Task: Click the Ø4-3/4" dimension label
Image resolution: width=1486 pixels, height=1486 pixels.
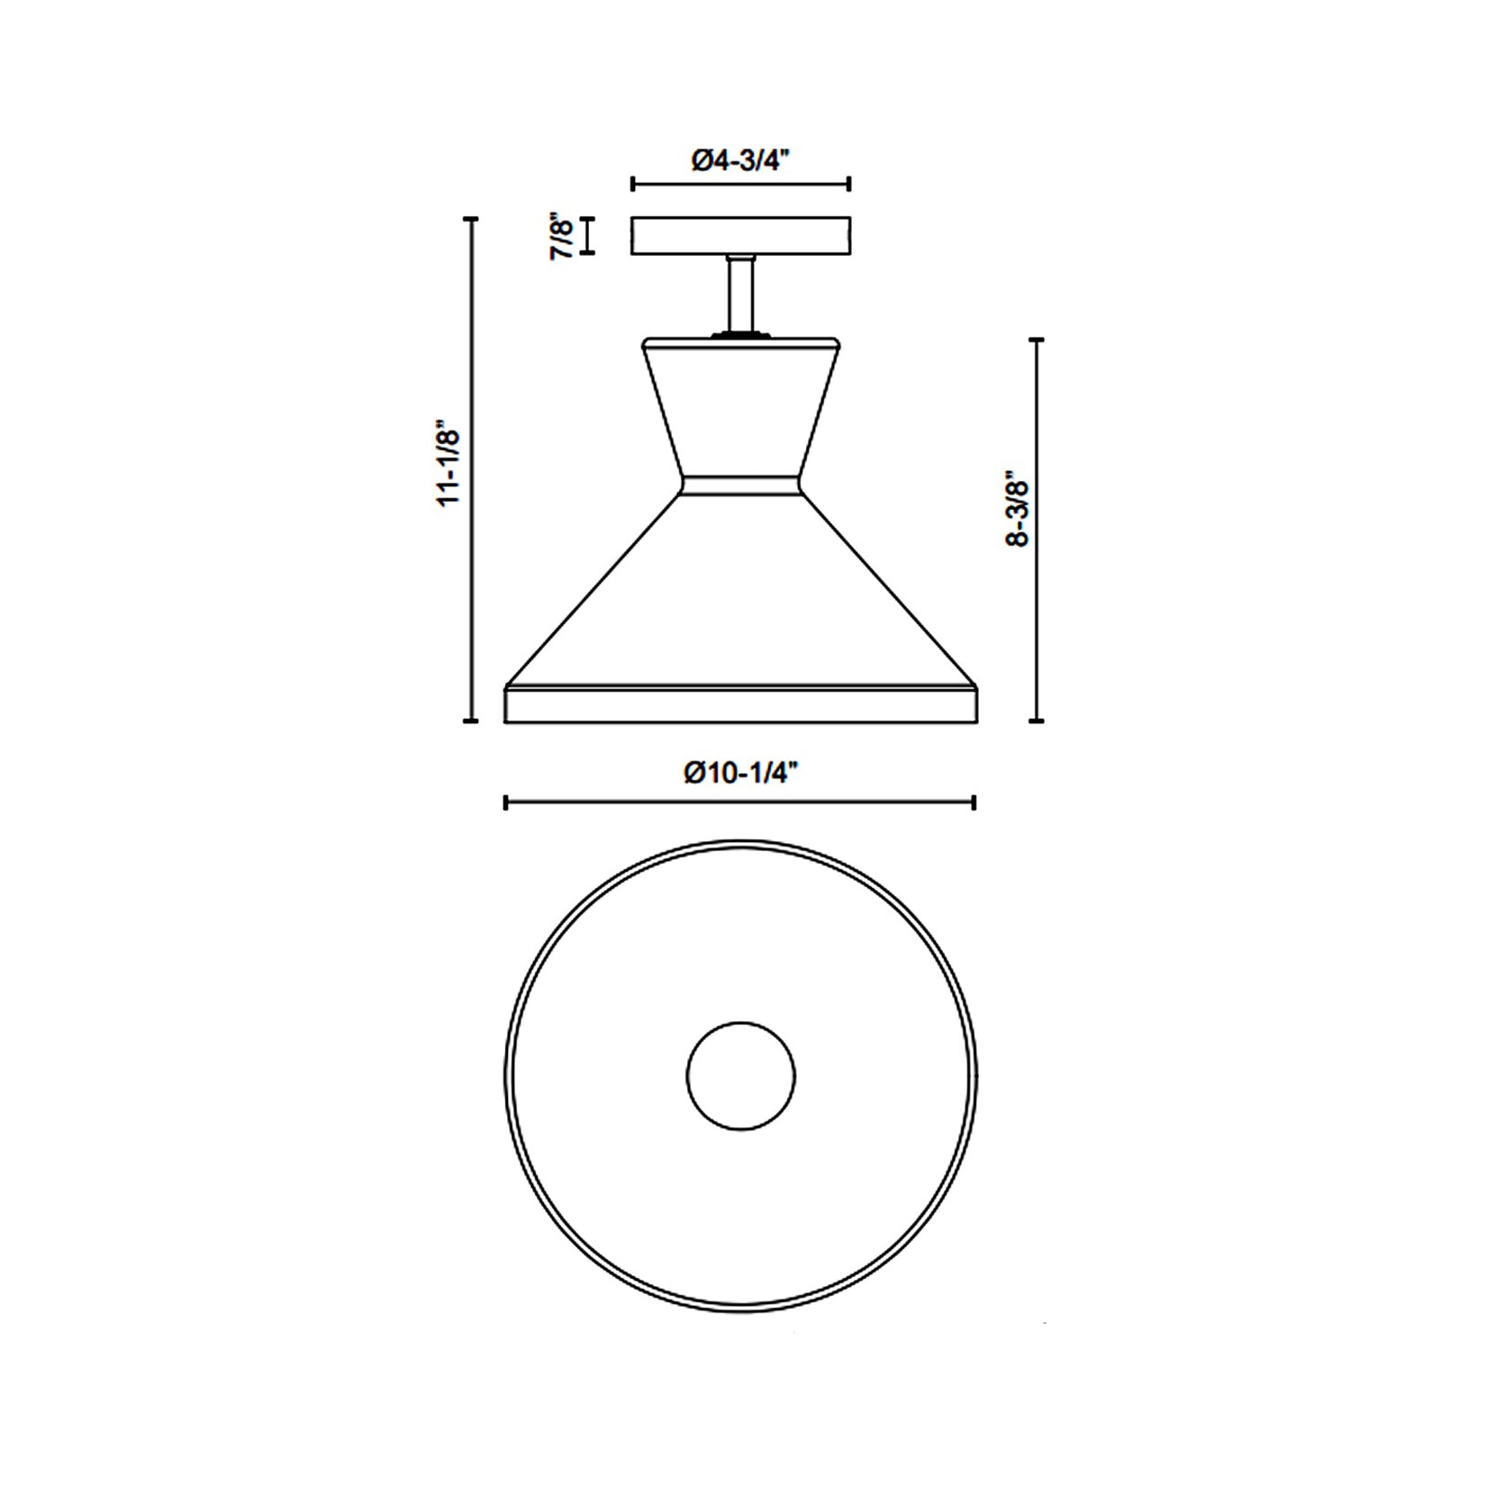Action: click(740, 160)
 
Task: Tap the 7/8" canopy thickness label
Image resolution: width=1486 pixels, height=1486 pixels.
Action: click(562, 236)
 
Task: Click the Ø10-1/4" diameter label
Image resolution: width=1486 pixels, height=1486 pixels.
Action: click(740, 773)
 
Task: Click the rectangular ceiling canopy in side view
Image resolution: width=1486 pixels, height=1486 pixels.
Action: click(740, 236)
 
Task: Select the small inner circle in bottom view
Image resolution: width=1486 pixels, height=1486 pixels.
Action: click(740, 1075)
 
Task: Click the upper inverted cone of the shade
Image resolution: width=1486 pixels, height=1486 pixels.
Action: click(740, 410)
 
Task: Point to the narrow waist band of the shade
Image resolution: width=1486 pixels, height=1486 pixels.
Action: click(740, 485)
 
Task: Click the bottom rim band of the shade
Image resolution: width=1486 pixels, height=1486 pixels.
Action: click(740, 704)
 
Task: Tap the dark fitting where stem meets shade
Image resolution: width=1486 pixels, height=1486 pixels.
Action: click(740, 334)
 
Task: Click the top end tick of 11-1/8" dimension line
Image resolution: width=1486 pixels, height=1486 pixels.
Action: click(470, 218)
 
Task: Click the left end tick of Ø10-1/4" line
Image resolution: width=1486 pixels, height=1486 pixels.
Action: click(505, 802)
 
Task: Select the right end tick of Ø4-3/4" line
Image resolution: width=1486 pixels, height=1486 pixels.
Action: click(849, 185)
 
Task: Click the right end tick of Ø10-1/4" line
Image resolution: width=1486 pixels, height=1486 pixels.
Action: click(974, 802)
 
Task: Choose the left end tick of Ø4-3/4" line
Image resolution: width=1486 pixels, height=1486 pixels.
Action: click(632, 185)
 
